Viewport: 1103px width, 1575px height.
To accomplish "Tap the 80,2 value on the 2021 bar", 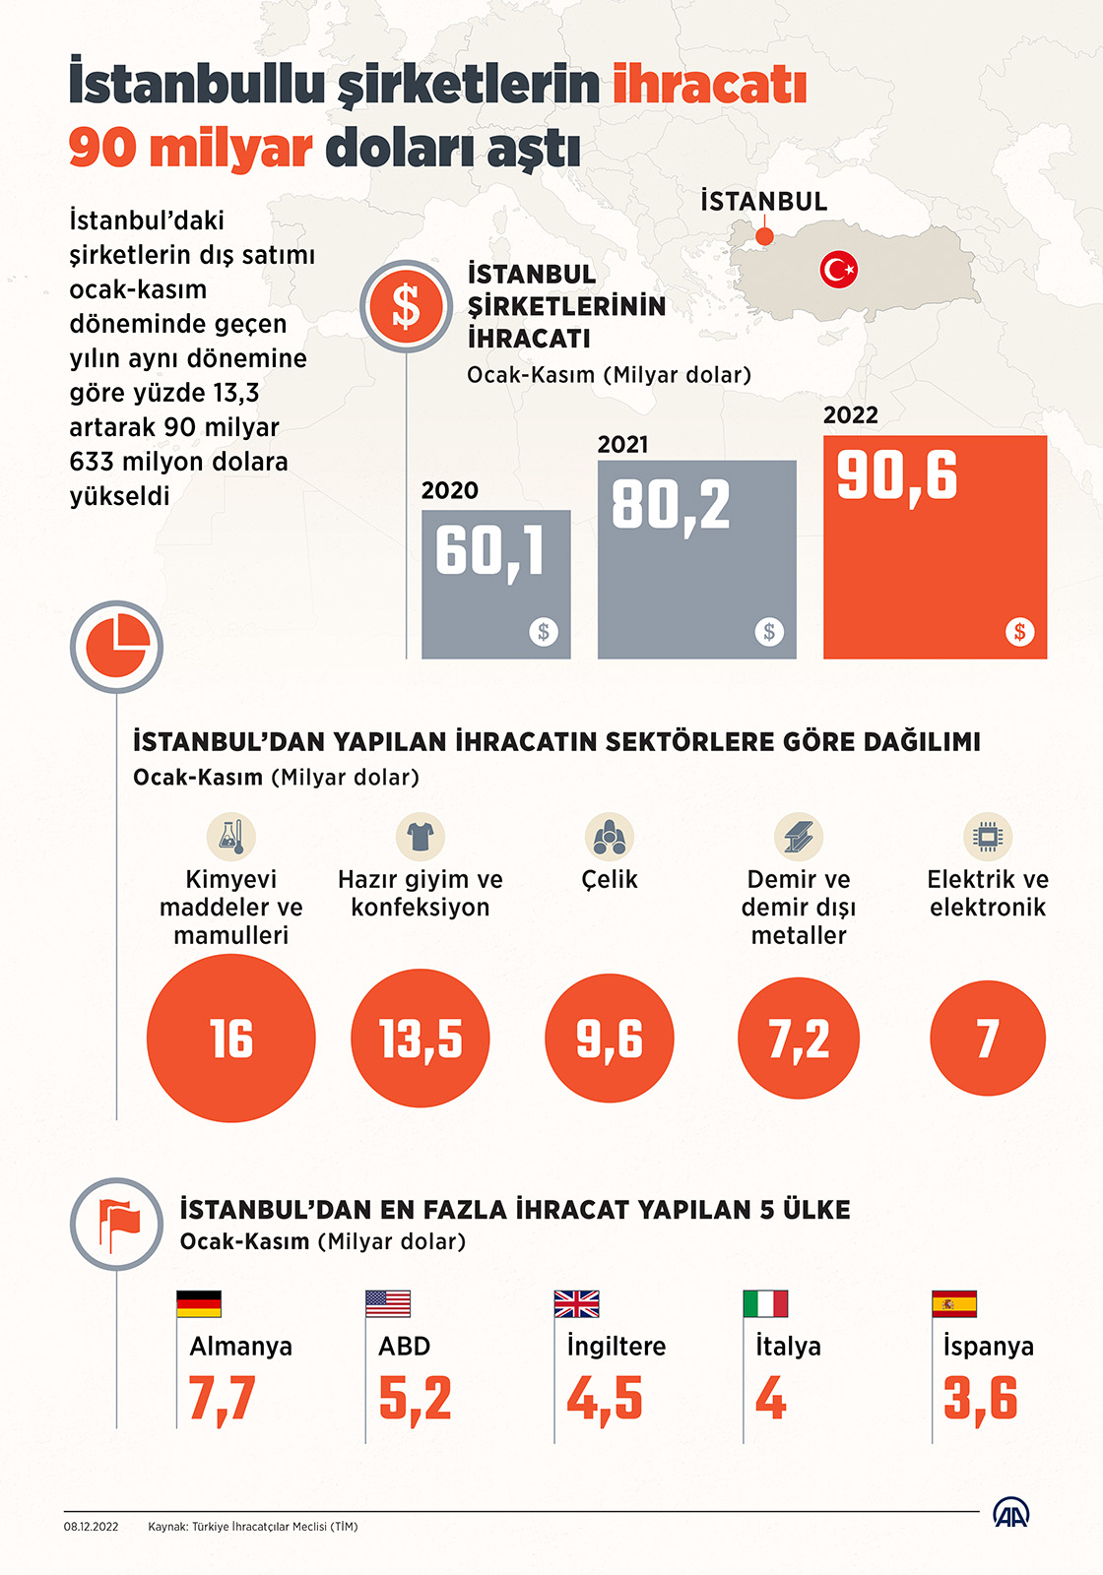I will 671,506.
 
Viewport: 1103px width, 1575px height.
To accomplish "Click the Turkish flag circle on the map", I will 839,269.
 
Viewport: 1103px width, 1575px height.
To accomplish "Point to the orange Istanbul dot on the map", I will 764,236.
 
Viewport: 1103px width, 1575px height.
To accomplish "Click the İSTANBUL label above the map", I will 763,202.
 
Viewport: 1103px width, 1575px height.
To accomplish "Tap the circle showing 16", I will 231,1039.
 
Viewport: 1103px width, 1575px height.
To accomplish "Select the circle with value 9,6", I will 610,1039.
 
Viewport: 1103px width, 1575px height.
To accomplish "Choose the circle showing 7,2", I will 799,1039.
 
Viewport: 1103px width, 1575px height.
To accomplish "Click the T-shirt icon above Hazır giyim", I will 421,837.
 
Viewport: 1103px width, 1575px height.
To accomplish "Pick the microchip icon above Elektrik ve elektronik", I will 988,837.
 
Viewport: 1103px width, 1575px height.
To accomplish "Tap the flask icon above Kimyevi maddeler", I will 231,837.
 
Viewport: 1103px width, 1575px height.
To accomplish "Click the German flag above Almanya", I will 199,1303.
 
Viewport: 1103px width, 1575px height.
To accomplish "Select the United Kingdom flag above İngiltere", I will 577,1303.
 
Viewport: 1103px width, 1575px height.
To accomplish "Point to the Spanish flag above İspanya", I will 954,1303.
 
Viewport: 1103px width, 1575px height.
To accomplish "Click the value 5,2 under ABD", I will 415,1399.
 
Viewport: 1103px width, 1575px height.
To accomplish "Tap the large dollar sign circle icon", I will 406,306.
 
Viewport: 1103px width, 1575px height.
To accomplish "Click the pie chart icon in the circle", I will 116,647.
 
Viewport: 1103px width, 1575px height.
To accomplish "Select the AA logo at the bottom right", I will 1010,1513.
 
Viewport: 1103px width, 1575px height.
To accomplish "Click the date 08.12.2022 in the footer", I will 92,1527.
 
